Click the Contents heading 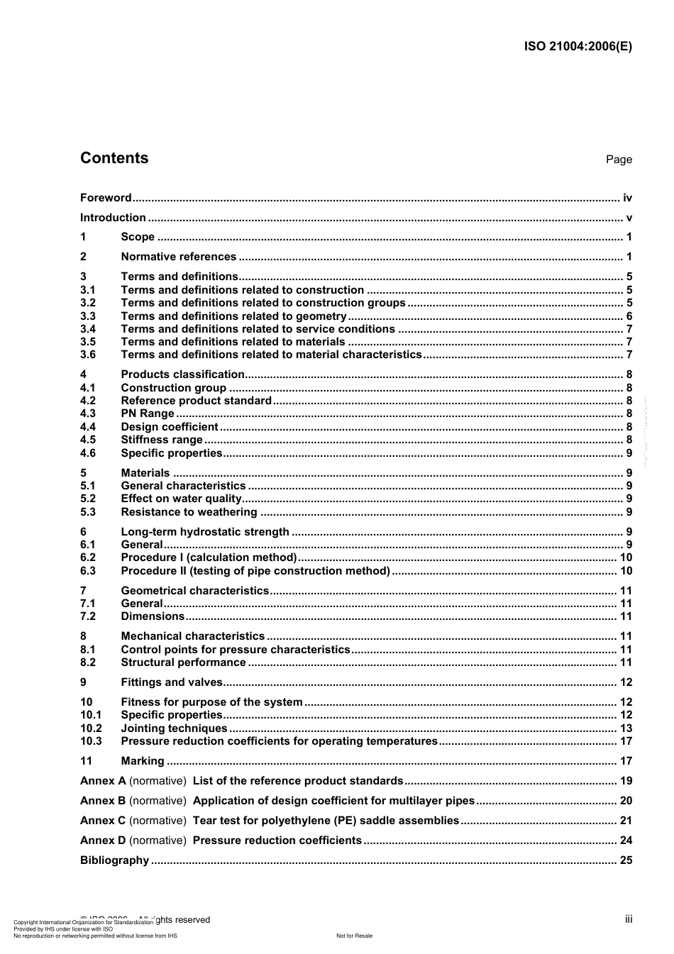tap(114, 158)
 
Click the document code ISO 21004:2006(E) tap(578, 47)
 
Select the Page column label tap(619, 160)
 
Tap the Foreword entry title tap(106, 198)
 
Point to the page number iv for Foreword tap(627, 198)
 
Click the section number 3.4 tap(88, 329)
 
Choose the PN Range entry tap(148, 414)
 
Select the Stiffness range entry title tap(162, 440)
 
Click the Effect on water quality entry tap(181, 499)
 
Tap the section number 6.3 tap(88, 571)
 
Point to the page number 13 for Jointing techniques tap(626, 728)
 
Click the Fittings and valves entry tap(172, 682)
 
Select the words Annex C tap(103, 821)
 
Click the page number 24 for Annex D tap(626, 841)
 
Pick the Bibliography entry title tap(114, 860)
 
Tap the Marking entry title tap(143, 761)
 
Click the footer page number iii tap(629, 919)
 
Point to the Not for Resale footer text tap(354, 936)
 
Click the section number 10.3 tap(91, 741)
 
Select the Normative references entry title tap(179, 257)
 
